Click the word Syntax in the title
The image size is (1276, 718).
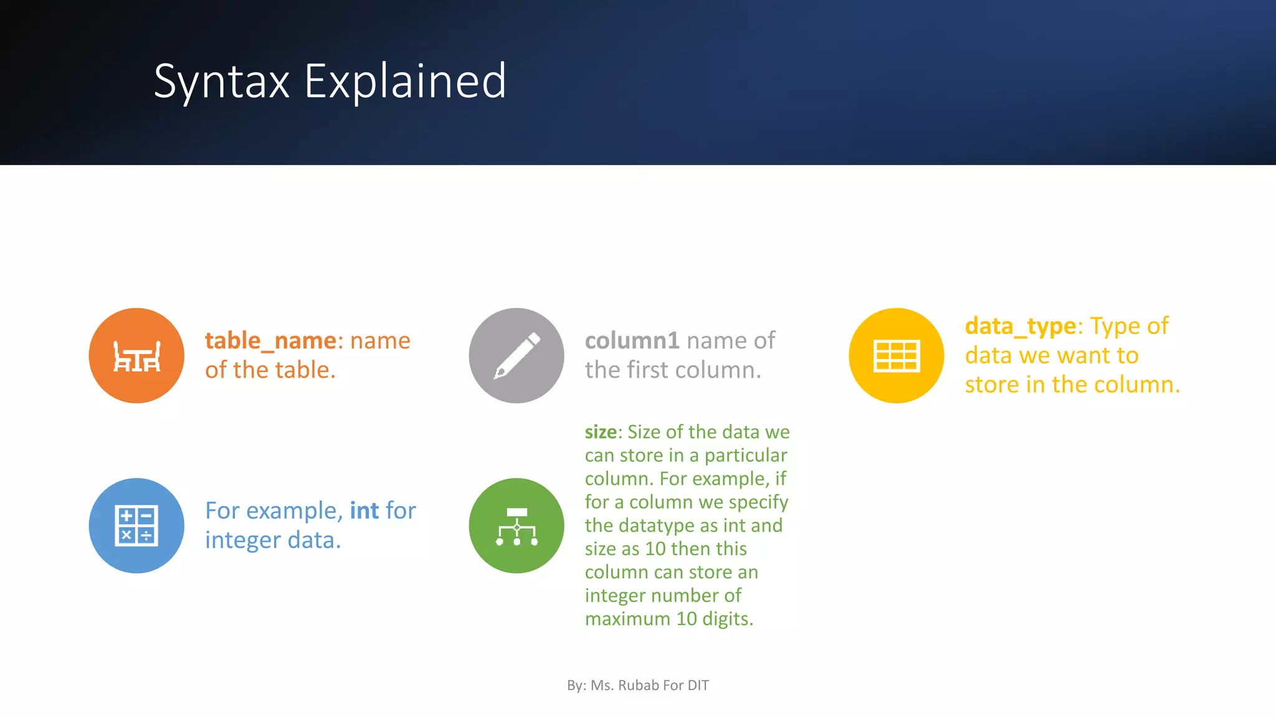pos(221,82)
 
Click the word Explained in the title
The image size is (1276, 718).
pos(405,82)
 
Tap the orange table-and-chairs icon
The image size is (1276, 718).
pos(136,356)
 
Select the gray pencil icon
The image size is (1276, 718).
pos(517,356)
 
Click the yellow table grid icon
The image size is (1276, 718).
pos(896,356)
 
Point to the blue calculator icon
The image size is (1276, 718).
pos(136,525)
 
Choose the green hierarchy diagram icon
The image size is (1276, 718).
pos(517,526)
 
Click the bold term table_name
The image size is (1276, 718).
pos(270,341)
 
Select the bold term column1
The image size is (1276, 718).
pos(632,341)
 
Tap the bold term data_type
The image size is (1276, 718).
pos(1020,326)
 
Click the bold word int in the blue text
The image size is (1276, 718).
pos(364,511)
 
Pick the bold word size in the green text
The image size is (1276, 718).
pos(601,432)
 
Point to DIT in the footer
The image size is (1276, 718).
pos(698,686)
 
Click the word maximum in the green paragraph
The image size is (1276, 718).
pos(627,619)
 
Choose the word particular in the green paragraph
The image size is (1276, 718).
pos(746,456)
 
